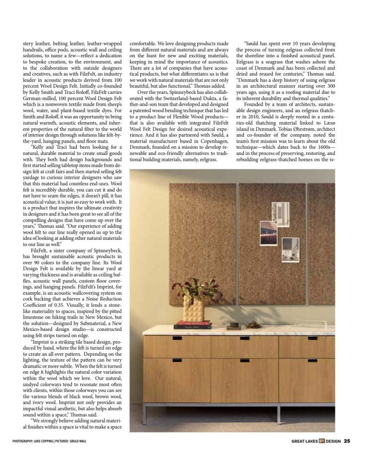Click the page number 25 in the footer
click(x=347, y=441)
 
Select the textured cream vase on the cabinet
click(x=192, y=309)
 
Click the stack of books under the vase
click(x=192, y=324)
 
